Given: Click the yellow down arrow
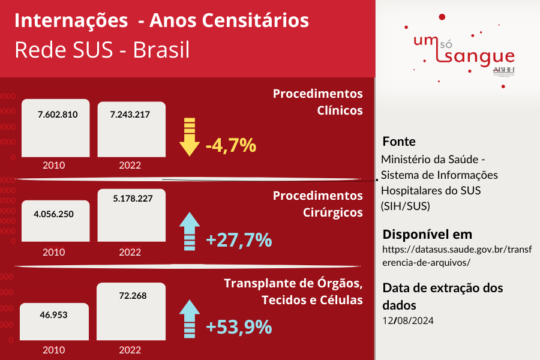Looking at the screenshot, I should tap(190, 137).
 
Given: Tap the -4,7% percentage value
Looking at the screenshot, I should tap(231, 145).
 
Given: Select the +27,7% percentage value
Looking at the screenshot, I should tap(239, 240).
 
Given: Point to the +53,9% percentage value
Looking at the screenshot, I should tap(239, 327).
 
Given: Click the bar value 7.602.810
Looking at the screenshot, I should tap(58, 115).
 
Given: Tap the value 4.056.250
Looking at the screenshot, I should tap(54, 214).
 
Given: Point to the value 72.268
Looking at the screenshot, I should tap(133, 295).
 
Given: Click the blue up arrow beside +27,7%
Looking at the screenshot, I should tap(190, 231).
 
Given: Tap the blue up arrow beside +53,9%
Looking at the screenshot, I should tap(190, 318).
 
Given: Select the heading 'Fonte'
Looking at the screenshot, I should tap(399, 142).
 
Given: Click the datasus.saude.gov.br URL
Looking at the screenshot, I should tap(457, 256).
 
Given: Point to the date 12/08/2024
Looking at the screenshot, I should tap(407, 320).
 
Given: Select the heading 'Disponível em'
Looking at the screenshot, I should tap(427, 234).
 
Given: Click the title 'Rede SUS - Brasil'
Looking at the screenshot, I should tap(102, 50).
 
